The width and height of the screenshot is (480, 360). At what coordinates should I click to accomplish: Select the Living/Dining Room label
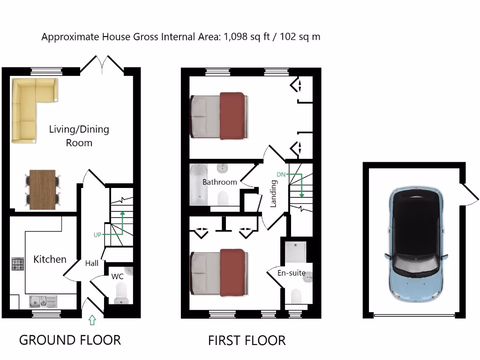(79, 135)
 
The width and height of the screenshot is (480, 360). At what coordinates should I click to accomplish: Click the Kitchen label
(50, 259)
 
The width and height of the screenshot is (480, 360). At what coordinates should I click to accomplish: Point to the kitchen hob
(18, 264)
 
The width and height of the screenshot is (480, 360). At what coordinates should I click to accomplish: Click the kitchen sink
(42, 300)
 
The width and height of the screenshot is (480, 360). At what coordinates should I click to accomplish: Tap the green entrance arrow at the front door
(92, 321)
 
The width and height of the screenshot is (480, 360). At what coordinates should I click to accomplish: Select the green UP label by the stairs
(97, 235)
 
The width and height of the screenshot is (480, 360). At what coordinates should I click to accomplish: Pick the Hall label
(92, 263)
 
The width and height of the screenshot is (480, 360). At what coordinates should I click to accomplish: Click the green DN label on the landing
(281, 174)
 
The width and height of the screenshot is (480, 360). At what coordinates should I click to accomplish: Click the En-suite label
(291, 273)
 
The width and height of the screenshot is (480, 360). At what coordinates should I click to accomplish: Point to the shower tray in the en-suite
(295, 252)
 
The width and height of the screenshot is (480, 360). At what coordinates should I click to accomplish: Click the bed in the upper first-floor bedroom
(218, 116)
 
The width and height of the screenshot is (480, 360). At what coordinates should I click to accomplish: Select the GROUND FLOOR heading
(70, 340)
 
